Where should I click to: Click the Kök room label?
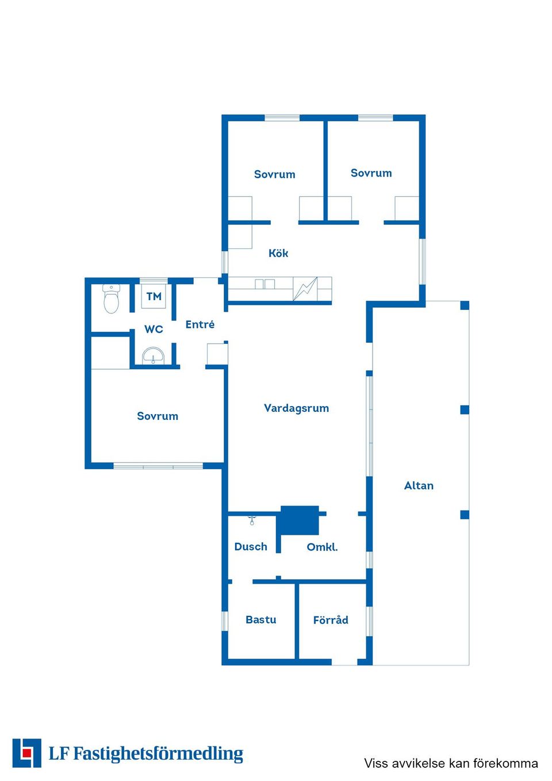point(278,253)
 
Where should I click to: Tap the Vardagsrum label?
point(296,408)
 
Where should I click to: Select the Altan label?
point(419,485)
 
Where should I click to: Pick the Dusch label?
point(251,546)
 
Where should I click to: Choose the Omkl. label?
point(322,547)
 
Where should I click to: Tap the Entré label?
point(200,324)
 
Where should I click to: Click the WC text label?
point(154,329)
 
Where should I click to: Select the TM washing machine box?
point(154,296)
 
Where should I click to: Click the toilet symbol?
point(111,299)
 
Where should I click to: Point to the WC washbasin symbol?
point(153,355)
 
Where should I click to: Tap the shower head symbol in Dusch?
point(252,520)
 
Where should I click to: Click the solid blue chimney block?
point(300,520)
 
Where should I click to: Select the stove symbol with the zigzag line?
point(305,289)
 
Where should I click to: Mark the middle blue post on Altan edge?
point(465,409)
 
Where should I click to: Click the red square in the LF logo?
point(26,753)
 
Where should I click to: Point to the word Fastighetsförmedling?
point(158,754)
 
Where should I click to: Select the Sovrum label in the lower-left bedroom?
point(158,416)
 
